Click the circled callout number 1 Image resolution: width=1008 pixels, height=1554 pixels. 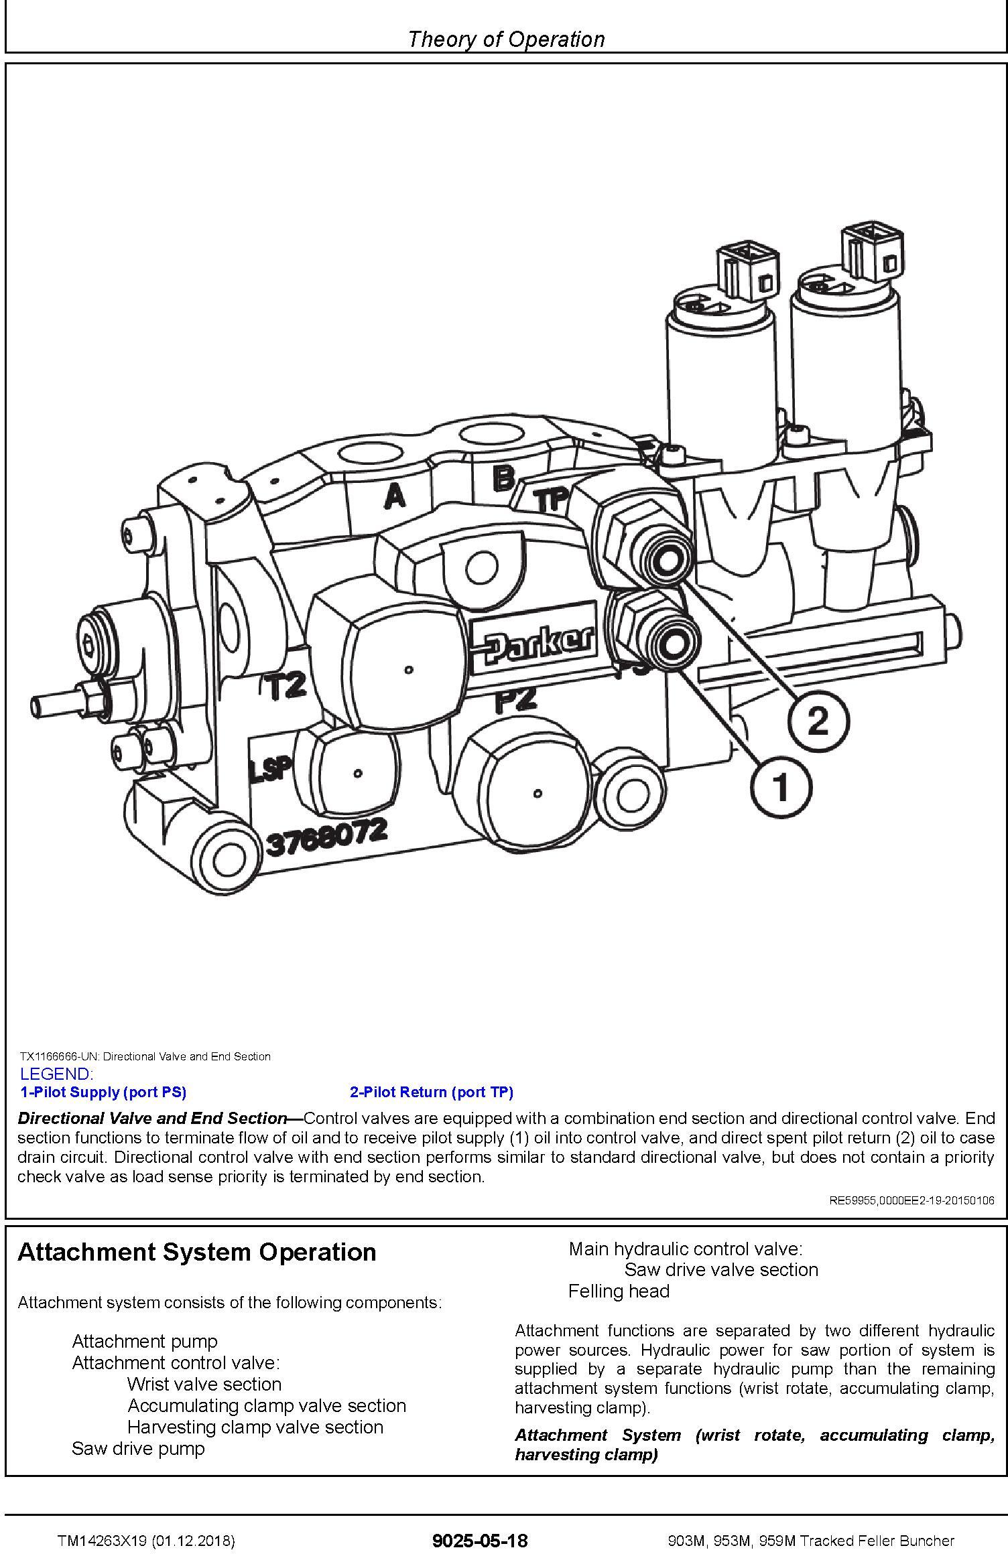781,786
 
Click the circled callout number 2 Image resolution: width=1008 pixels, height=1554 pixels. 818,722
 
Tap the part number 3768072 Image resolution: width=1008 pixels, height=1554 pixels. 327,836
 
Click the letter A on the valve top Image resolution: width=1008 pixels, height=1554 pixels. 395,496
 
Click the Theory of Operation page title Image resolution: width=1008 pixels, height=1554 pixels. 505,39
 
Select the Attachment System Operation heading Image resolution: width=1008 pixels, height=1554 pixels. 197,1252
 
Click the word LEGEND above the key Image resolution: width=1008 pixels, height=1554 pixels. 57,1074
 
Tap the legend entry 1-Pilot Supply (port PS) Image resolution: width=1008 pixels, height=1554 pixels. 103,1092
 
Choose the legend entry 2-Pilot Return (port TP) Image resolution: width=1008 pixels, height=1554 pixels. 431,1092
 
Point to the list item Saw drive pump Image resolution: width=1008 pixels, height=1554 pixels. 138,1448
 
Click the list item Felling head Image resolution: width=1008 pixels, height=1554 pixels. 619,1291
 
